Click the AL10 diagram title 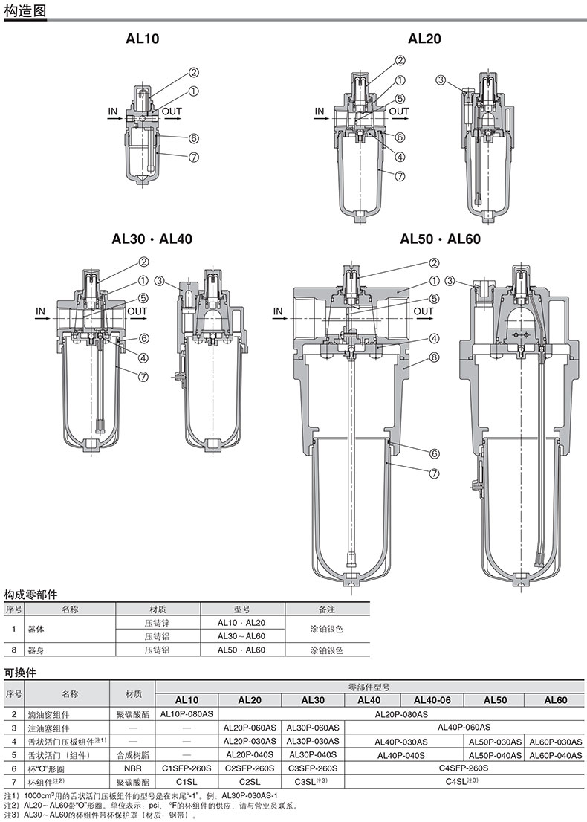point(143,38)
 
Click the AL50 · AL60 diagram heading point(440,239)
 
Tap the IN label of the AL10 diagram point(113,111)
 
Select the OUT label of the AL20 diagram point(399,111)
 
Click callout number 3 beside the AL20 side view point(441,80)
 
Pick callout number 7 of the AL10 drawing point(194,157)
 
